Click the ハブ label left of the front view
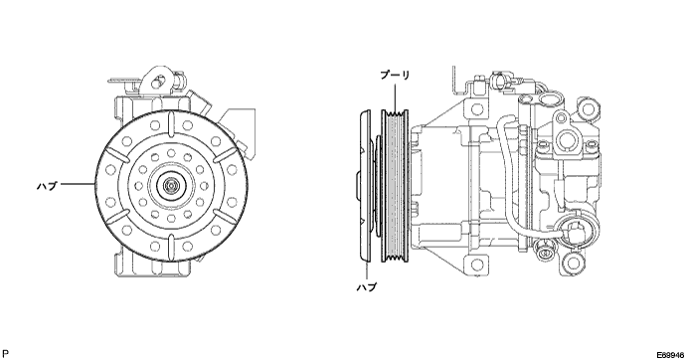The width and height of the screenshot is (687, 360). tap(47, 186)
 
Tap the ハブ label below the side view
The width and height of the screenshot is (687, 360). tap(366, 287)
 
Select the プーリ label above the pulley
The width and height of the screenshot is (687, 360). tap(395, 75)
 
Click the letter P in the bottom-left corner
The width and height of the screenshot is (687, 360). tap(5, 353)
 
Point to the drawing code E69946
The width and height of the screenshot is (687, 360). tap(670, 355)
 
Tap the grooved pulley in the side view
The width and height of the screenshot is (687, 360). tap(395, 186)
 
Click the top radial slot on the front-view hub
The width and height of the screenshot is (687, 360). tap(171, 124)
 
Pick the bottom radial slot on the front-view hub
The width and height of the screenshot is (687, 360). tap(171, 248)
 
